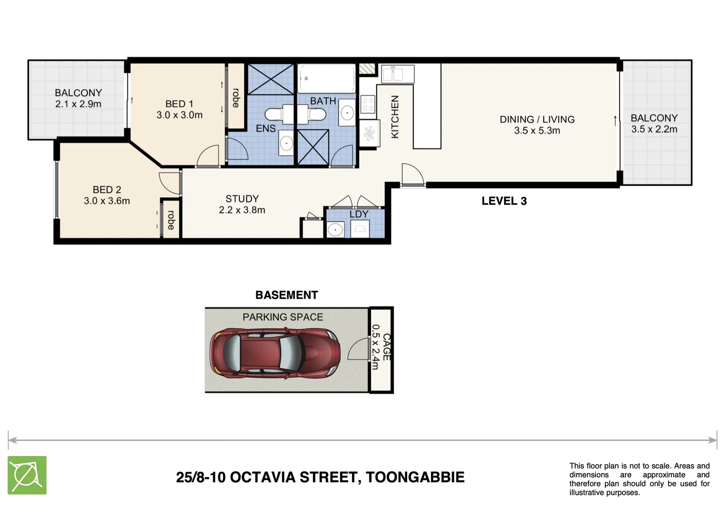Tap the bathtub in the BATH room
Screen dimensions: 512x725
click(326, 79)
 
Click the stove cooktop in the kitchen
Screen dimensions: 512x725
click(368, 104)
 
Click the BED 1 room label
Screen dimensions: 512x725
click(179, 104)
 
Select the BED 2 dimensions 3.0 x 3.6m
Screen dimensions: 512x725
click(107, 201)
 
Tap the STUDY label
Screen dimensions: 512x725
click(242, 199)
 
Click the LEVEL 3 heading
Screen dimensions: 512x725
click(504, 201)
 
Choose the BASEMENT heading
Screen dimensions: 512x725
click(287, 295)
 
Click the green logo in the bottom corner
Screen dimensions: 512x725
click(27, 475)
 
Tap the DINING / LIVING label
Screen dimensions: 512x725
click(537, 119)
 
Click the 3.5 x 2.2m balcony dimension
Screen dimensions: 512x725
click(654, 129)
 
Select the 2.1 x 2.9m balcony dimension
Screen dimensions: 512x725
click(78, 104)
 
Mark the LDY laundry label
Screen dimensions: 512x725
click(359, 214)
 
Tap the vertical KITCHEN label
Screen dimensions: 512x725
click(394, 117)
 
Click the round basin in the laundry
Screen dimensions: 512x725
click(335, 230)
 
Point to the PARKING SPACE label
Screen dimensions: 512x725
click(283, 317)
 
